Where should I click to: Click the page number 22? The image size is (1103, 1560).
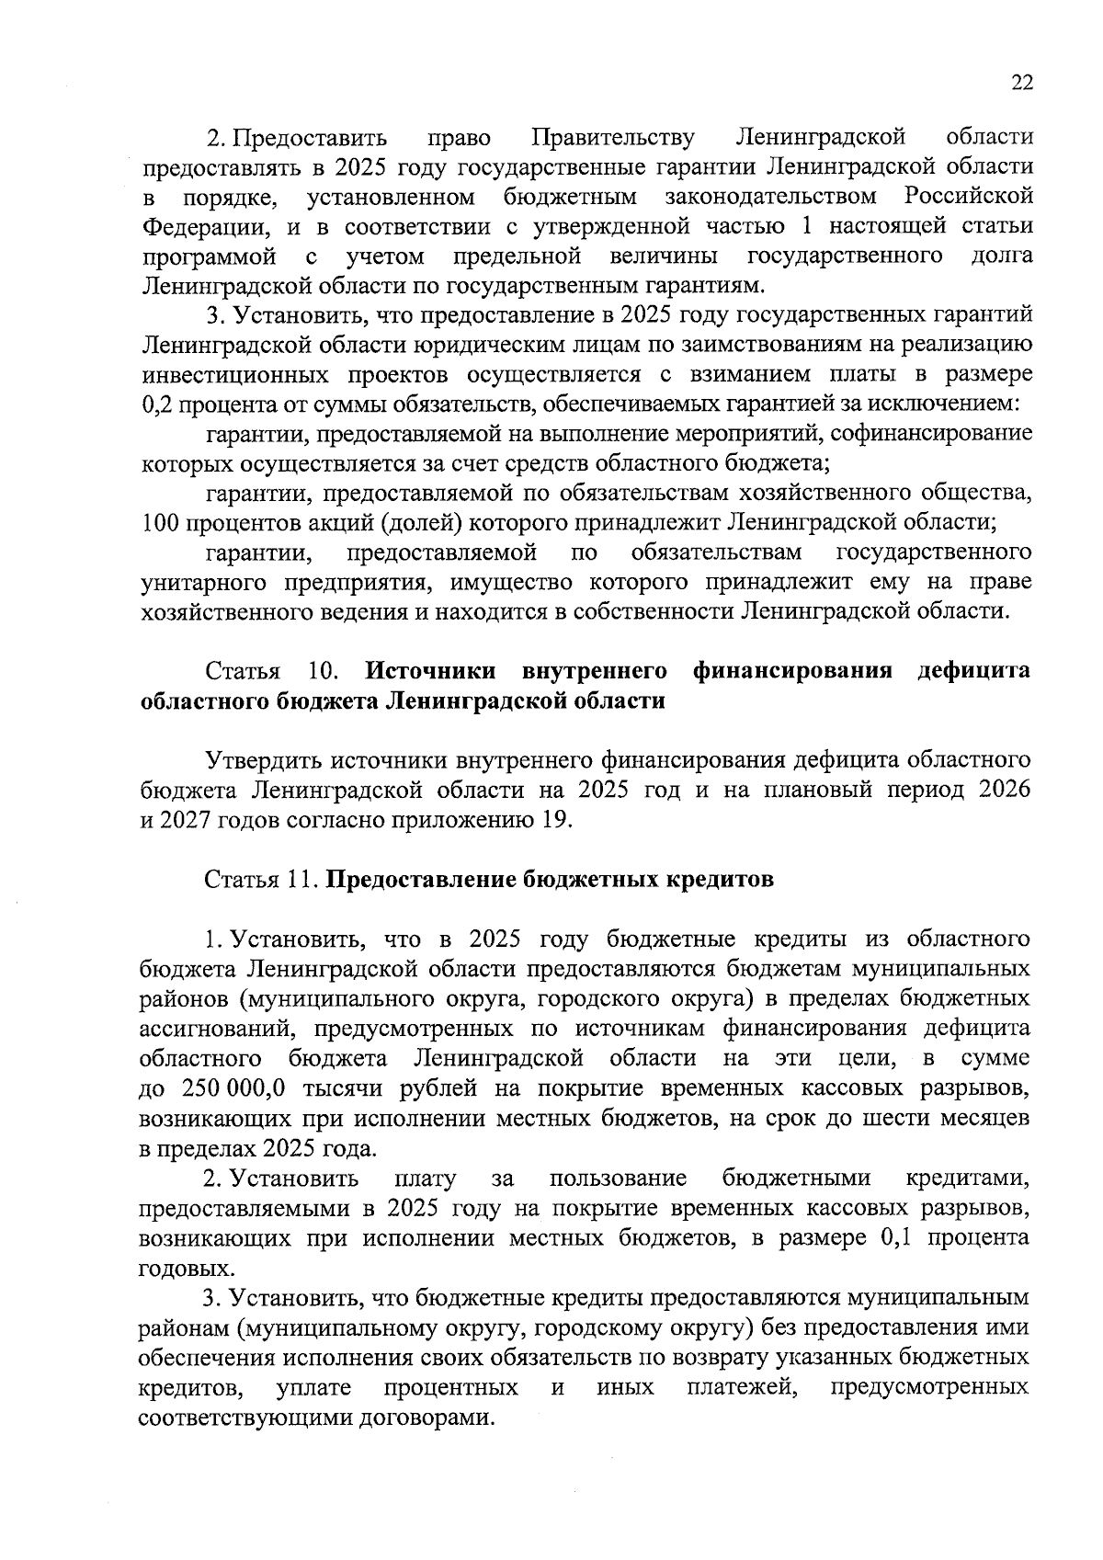pos(1022,83)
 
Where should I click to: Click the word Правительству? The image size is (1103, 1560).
pos(613,138)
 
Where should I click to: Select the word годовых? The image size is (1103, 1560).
pos(173,1269)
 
